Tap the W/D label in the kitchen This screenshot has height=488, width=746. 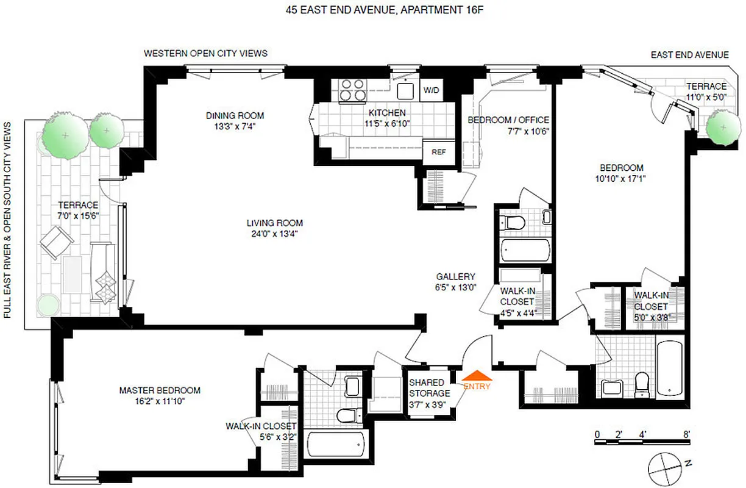pyautogui.click(x=431, y=90)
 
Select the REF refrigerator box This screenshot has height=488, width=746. pyautogui.click(x=438, y=152)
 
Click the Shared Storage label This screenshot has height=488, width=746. pyautogui.click(x=430, y=389)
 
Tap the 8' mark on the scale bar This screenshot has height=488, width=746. pyautogui.click(x=687, y=435)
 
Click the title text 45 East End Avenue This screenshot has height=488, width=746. pyautogui.click(x=373, y=10)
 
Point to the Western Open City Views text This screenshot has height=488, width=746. pyautogui.click(x=205, y=54)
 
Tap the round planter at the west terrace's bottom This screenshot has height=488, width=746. pyautogui.click(x=49, y=305)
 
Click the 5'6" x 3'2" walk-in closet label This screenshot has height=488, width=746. pyautogui.click(x=261, y=431)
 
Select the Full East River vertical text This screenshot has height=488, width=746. pyautogui.click(x=8, y=220)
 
